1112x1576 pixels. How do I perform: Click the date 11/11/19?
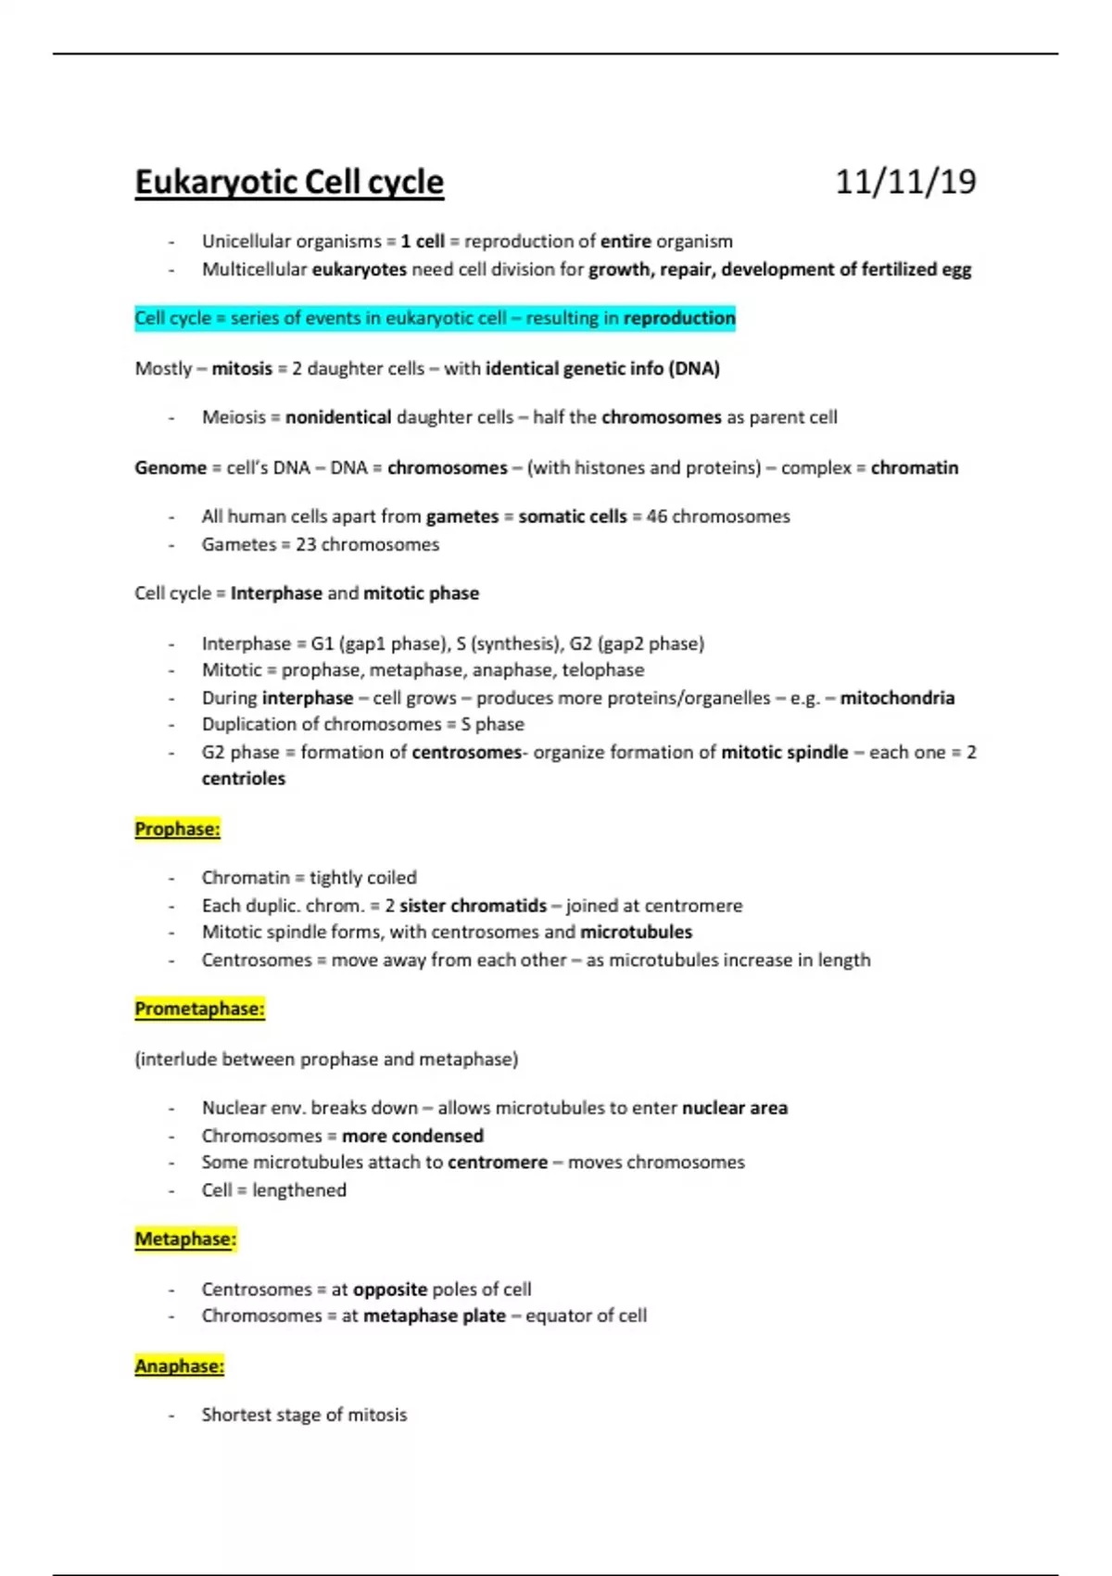pos(905,182)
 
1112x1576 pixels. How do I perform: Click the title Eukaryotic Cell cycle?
pos(289,182)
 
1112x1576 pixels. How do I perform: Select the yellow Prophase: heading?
pos(178,829)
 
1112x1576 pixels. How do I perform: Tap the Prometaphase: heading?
pos(199,1009)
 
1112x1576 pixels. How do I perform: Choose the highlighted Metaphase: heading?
pos(185,1239)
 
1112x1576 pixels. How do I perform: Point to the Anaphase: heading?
pos(180,1366)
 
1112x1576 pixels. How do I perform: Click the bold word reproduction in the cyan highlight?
pos(679,318)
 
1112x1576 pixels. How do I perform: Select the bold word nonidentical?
pos(338,417)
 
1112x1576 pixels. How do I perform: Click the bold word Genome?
pos(171,467)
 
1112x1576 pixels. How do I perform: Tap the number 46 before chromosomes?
pos(657,516)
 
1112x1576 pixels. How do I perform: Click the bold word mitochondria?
pos(897,698)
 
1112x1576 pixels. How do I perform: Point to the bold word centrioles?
pos(244,779)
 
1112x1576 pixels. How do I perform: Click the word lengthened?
pos(299,1190)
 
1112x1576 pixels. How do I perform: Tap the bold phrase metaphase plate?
pos(435,1315)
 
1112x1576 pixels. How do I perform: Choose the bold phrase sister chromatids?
pos(474,906)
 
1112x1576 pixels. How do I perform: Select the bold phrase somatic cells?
pos(573,516)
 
